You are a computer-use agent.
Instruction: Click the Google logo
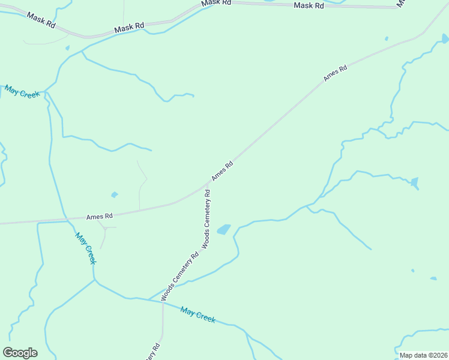click(20, 353)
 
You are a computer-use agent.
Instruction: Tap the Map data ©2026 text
click(423, 355)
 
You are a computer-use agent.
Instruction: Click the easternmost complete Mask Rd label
click(309, 5)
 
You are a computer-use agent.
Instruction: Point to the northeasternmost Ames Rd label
click(335, 73)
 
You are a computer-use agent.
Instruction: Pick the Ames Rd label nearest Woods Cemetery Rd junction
click(221, 171)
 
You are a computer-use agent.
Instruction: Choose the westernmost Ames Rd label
click(100, 216)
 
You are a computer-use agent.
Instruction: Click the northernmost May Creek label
click(22, 92)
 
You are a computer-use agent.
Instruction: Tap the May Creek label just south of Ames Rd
click(86, 248)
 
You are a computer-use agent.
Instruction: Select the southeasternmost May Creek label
click(198, 315)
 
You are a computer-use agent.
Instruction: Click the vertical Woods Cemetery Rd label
click(207, 219)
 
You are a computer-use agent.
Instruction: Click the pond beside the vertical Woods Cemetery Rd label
click(223, 230)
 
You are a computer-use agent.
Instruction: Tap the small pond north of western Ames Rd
click(114, 194)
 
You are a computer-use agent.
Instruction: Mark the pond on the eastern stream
click(414, 182)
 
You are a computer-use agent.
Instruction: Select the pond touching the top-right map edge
click(445, 38)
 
